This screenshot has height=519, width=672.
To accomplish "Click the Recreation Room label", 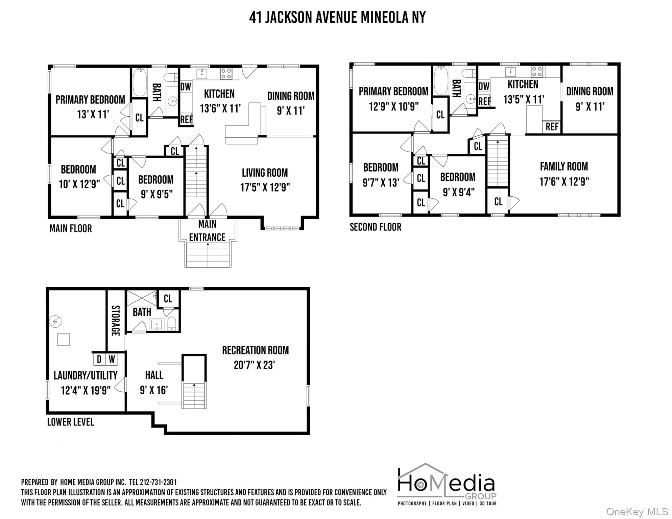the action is (x=255, y=350).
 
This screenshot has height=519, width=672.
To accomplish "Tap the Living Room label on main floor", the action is (x=265, y=173).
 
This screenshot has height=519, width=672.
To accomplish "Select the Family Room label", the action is (x=564, y=166).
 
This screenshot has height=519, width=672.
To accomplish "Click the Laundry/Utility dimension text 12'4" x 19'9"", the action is (x=86, y=390).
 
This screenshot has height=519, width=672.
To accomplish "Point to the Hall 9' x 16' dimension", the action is (x=154, y=390).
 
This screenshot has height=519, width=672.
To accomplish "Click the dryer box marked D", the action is (x=99, y=359).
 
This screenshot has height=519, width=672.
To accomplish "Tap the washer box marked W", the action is (x=112, y=359).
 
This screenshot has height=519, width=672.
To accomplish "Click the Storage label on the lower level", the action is (x=116, y=321).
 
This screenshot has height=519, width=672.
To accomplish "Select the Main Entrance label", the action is (x=207, y=230).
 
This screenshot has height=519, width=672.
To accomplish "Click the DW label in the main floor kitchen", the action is (x=186, y=87).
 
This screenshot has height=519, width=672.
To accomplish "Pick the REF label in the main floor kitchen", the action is (x=186, y=119).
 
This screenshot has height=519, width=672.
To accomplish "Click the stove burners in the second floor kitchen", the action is (x=537, y=72).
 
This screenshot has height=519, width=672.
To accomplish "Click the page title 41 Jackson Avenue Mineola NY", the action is (x=337, y=18).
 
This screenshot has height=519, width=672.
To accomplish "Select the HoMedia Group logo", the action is (x=447, y=484).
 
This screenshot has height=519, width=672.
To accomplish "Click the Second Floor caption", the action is (x=376, y=227).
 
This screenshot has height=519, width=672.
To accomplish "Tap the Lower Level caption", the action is (x=71, y=422).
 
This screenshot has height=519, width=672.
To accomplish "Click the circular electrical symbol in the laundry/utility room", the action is (x=55, y=321).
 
